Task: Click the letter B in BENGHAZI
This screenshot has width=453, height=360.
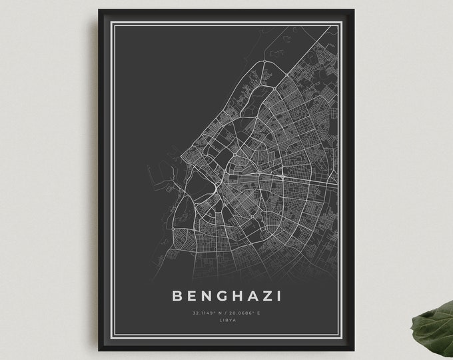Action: click(177, 295)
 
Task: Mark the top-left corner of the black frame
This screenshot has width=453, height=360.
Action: click(99, 10)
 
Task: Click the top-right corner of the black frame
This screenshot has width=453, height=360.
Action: click(354, 10)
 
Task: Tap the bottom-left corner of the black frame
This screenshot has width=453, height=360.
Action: click(99, 349)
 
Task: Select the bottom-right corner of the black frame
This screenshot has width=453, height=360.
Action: click(354, 349)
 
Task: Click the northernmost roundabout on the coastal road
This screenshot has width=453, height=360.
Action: click(264, 63)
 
